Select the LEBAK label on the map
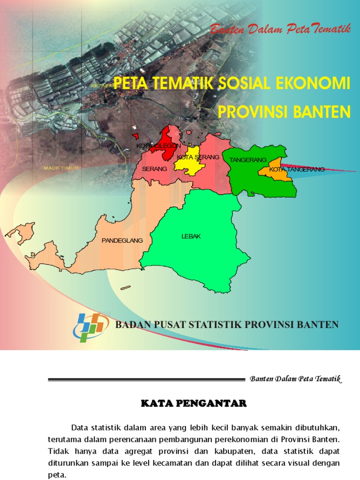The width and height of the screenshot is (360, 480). click(x=191, y=236)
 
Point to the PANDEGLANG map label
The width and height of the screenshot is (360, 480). click(x=122, y=240)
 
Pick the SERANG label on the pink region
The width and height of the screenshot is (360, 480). click(x=154, y=168)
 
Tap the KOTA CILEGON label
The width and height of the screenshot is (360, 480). click(x=158, y=146)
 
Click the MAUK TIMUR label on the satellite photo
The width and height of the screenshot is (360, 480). click(x=60, y=168)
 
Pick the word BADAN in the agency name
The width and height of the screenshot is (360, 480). click(x=133, y=324)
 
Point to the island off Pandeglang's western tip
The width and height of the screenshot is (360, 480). click(x=21, y=233)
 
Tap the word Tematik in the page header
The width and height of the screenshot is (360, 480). click(x=328, y=379)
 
